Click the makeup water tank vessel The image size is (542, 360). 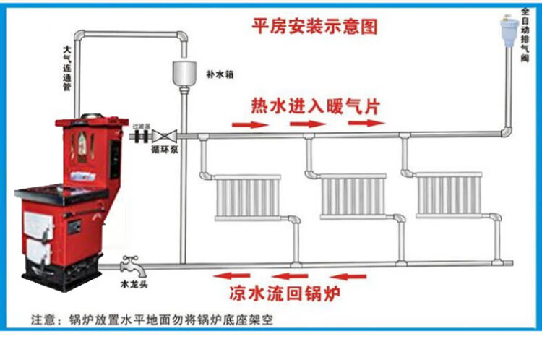click(x=184, y=72)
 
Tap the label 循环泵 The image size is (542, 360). click(x=170, y=150)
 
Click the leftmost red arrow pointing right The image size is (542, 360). click(x=246, y=124)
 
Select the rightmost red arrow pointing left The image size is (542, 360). click(x=350, y=275)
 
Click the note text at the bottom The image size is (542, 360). click(x=152, y=319)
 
